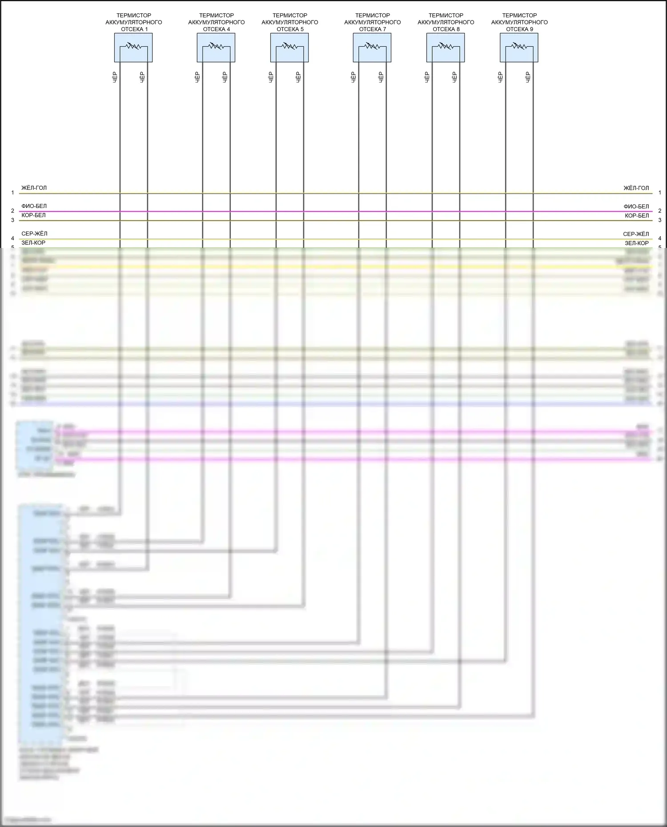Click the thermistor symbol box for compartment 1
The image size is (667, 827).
[x=133, y=48]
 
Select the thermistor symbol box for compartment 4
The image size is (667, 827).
[x=216, y=48]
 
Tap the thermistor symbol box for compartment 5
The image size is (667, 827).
[x=289, y=48]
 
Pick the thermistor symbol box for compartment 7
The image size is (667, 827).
[x=372, y=48]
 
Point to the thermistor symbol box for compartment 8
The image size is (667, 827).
[x=446, y=48]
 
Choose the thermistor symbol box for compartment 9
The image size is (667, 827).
[x=519, y=48]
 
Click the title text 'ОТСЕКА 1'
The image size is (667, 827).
[x=134, y=29]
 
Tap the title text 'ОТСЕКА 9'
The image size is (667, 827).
[x=519, y=29]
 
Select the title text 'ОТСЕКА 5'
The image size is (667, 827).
[x=290, y=29]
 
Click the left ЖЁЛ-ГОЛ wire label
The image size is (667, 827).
[x=34, y=188]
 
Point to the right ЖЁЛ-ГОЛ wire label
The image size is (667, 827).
[x=636, y=188]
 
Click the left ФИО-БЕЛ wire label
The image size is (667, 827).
[x=34, y=206]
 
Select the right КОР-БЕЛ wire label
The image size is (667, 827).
[x=637, y=216]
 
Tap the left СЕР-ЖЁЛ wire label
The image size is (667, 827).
[x=34, y=234]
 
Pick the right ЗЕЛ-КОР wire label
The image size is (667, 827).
[x=637, y=243]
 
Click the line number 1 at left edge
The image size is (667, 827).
[x=12, y=193]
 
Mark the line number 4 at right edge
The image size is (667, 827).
[x=660, y=239]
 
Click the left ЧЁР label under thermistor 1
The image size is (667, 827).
[x=115, y=77]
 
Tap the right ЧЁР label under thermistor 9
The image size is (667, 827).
[x=528, y=77]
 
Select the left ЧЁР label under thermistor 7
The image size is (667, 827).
[x=354, y=77]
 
